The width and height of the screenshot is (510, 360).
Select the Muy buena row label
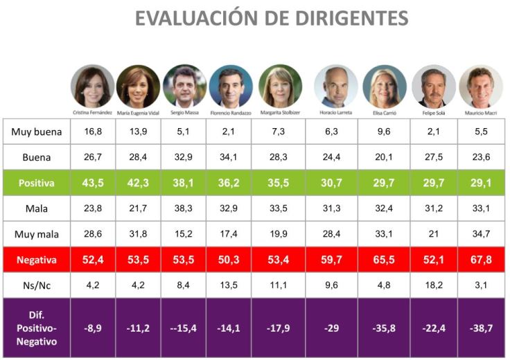(37, 131)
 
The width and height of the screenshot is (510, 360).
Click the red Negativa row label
(37, 260)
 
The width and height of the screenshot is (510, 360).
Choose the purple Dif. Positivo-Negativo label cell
(37, 328)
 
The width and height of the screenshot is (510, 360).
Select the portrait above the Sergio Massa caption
(184, 85)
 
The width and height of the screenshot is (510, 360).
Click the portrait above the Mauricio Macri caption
(480, 85)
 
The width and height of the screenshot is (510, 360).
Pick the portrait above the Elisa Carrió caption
(385, 85)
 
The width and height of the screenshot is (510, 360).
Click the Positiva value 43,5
(92, 185)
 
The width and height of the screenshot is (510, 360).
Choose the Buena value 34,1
(230, 157)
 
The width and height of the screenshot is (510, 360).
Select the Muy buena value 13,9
(139, 131)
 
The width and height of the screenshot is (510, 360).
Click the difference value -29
(336, 328)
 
